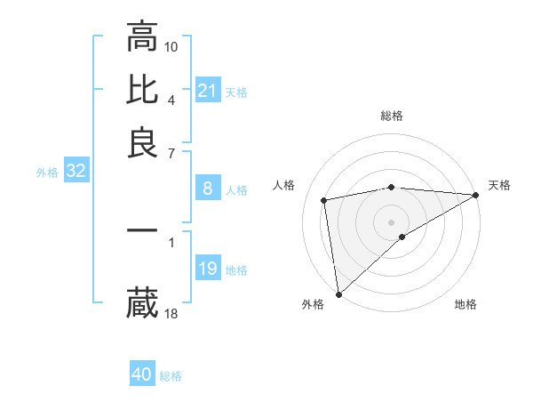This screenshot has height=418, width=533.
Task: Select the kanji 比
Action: click(142, 90)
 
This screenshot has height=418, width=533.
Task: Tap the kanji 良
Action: click(142, 142)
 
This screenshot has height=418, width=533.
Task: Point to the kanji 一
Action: click(142, 230)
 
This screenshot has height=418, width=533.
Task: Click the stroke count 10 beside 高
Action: click(171, 45)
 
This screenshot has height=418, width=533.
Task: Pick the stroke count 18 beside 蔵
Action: click(171, 313)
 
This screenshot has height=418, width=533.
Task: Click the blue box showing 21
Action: click(208, 91)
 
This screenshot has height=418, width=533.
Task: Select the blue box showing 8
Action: click(207, 189)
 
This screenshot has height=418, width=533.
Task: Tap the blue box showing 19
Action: click(208, 269)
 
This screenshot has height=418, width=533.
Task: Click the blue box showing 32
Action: click(76, 172)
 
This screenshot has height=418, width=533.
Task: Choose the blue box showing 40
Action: click(142, 375)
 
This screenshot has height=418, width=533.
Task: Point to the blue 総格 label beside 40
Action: click(171, 376)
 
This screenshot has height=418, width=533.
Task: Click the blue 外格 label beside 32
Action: click(47, 173)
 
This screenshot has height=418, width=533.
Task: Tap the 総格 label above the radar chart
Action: click(392, 116)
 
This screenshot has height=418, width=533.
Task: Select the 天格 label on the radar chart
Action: click(499, 185)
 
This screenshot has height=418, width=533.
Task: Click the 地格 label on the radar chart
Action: click(465, 305)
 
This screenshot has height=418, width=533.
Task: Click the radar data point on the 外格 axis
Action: click(338, 293)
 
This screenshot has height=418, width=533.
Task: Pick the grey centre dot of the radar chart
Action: click(392, 221)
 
